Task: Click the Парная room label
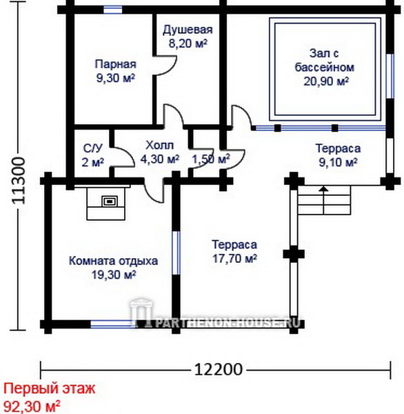point(116,64)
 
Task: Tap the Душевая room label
point(188,30)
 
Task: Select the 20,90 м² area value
point(326,81)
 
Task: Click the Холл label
point(160,145)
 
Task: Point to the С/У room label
point(92,148)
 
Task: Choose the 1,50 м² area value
point(211,159)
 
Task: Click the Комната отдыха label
point(114,261)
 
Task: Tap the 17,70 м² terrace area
point(234,259)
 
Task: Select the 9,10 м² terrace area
point(338,162)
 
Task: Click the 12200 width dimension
point(219,369)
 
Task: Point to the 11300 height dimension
point(19,181)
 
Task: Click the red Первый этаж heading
point(49,388)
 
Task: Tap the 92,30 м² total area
point(32,406)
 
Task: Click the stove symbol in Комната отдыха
point(109,201)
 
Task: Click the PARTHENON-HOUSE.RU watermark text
point(228,322)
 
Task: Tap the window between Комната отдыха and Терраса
point(176,253)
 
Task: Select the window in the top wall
point(112,10)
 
